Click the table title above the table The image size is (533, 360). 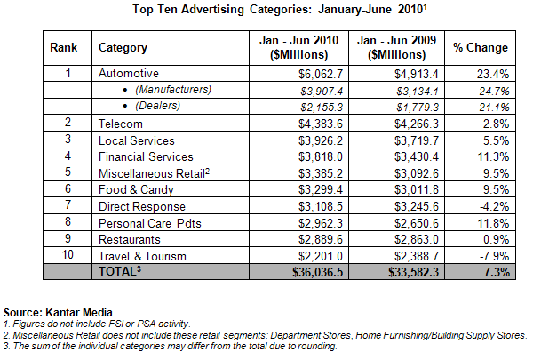(x=266, y=11)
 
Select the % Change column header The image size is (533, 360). (x=481, y=48)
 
